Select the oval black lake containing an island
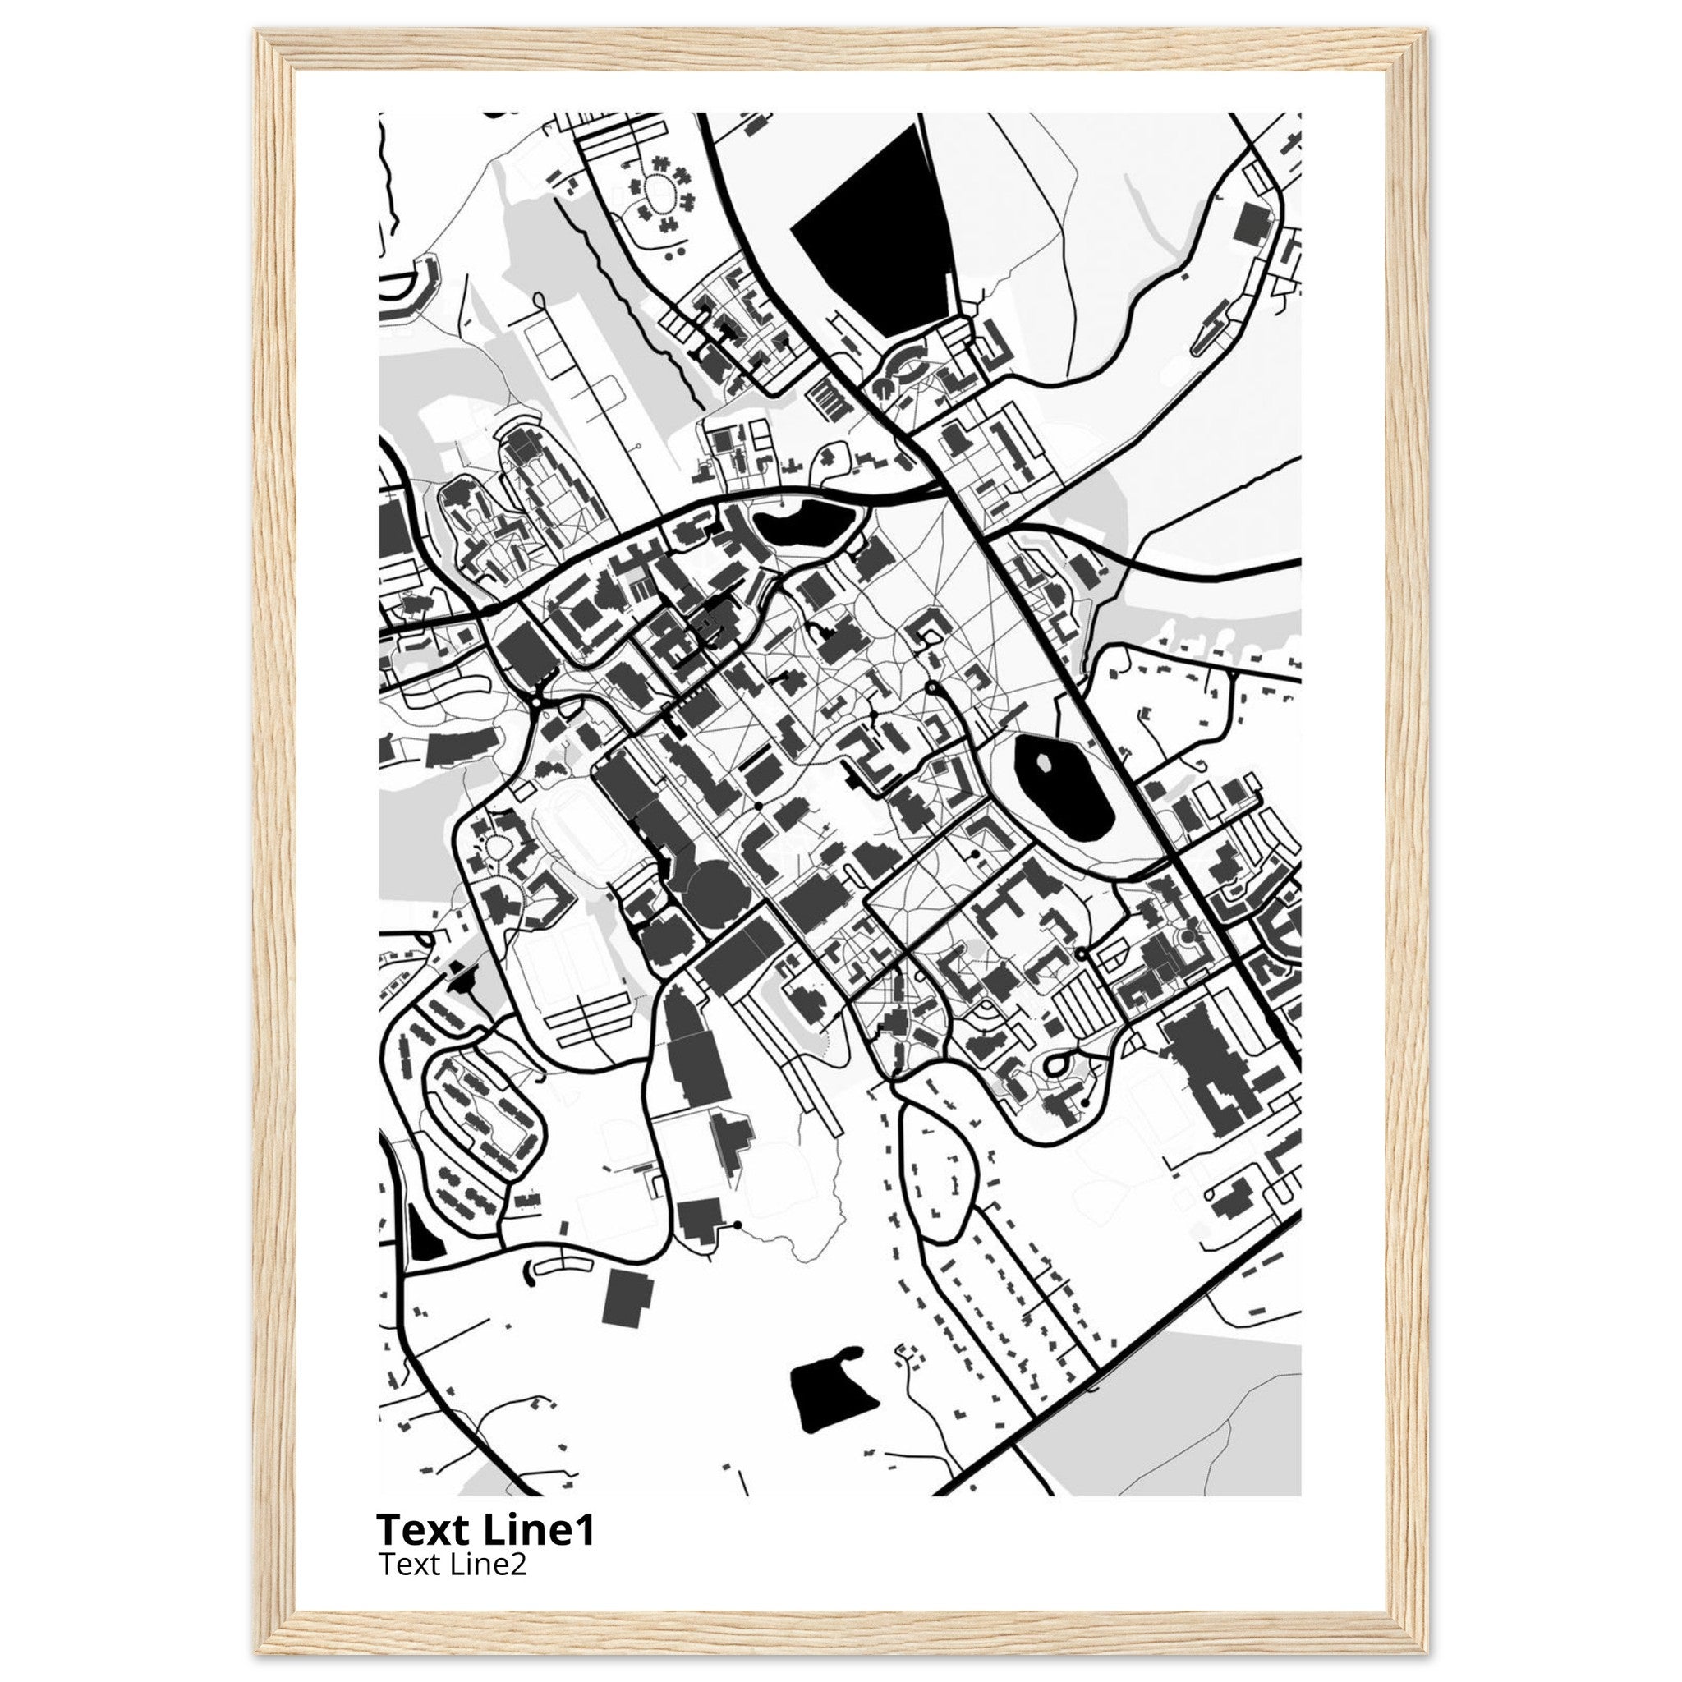pos(1064,788)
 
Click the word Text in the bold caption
pos(420,1531)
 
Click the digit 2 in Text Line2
pos(519,1565)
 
